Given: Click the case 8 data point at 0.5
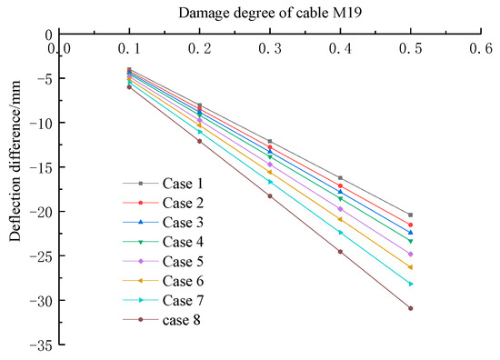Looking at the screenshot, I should click(x=411, y=308).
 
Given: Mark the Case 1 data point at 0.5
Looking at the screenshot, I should click(x=411, y=215).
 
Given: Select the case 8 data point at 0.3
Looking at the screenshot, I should click(x=270, y=196).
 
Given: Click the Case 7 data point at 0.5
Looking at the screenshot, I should click(x=411, y=284).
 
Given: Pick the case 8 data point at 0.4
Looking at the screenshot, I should click(x=340, y=252).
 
